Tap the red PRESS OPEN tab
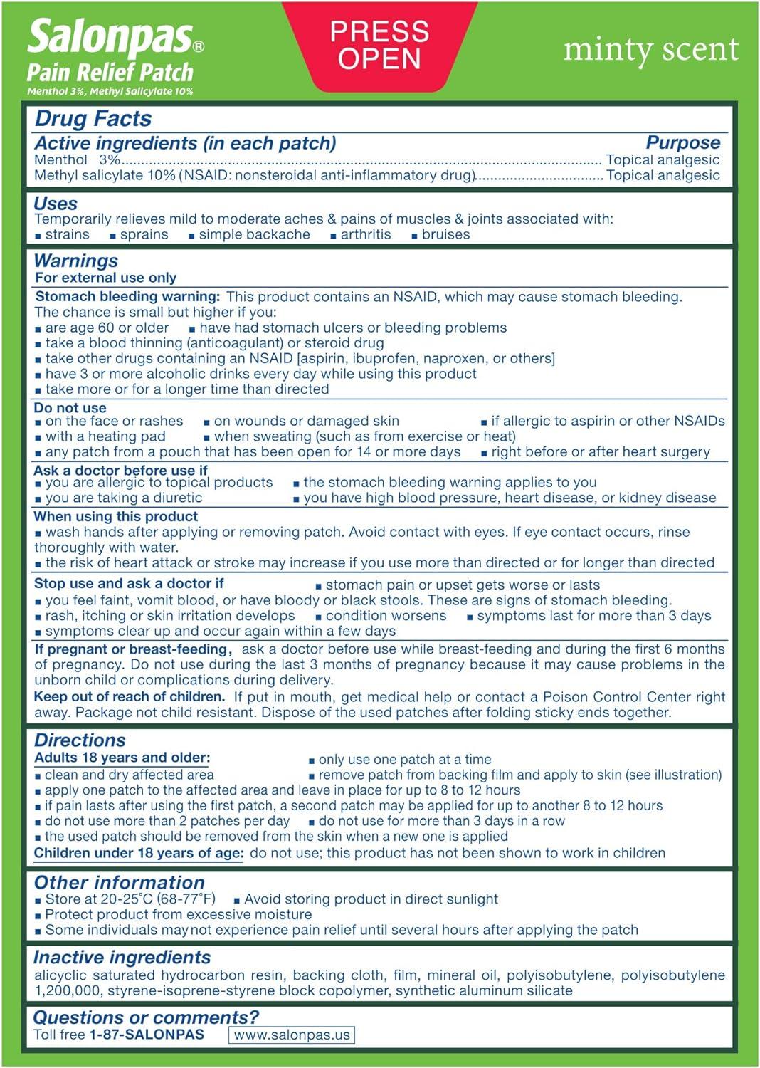pos(379,45)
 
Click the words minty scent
pos(650,49)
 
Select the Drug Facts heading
pos(93,119)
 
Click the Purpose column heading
pos(682,142)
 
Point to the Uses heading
pos(56,204)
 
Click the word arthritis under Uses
pos(365,234)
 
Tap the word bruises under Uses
pos(445,234)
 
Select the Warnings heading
pos(75,261)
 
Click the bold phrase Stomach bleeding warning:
pos(127,296)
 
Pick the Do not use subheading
pos(70,408)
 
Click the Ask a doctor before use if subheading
pos(120,470)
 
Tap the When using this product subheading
pos(116,516)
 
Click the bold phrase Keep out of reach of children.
pos(130,696)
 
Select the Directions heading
pos(80,740)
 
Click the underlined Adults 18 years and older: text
pos(122,758)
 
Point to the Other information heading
pos(119,882)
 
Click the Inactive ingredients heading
pos(122,958)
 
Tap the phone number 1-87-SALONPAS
pos(147,1035)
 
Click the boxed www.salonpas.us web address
pos(292,1035)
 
